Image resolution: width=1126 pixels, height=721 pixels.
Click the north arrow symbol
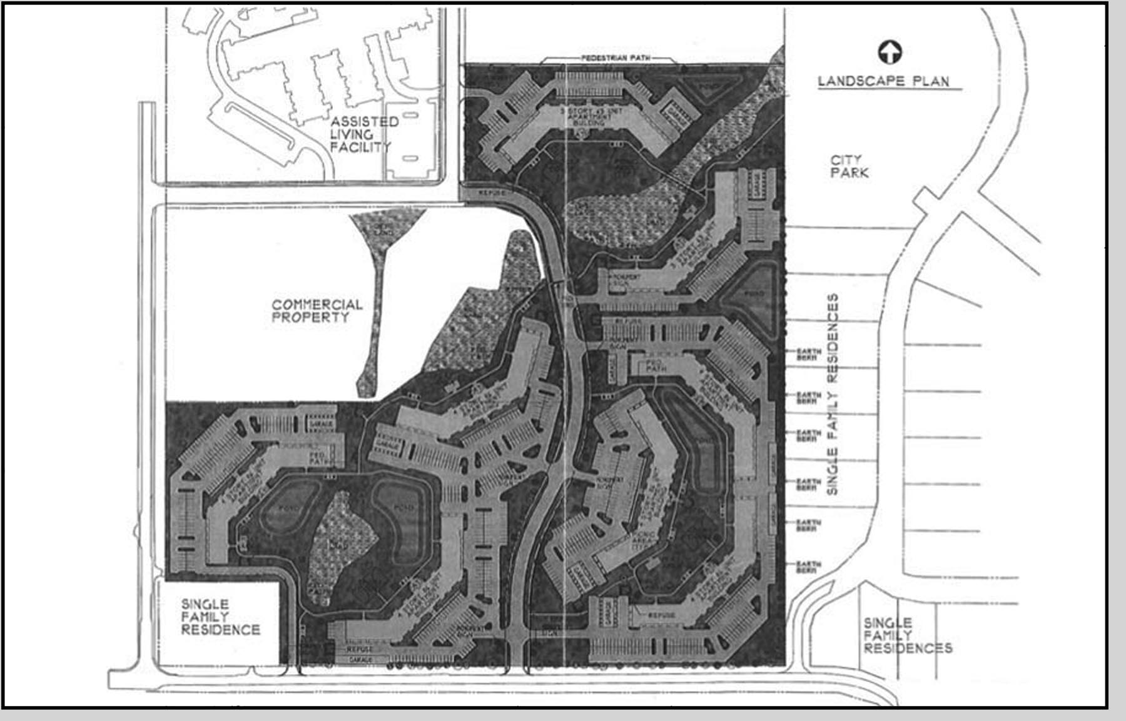pyautogui.click(x=890, y=53)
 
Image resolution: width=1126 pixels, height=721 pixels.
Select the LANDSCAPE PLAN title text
pyautogui.click(x=883, y=81)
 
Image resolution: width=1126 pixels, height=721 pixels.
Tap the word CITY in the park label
pyautogui.click(x=846, y=159)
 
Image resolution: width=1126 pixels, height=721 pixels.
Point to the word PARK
pyautogui.click(x=850, y=173)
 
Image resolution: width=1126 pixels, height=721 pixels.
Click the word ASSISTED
pyautogui.click(x=365, y=121)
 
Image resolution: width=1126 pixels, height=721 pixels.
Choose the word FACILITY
pyautogui.click(x=360, y=148)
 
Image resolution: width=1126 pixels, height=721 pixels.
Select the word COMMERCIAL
pyautogui.click(x=317, y=305)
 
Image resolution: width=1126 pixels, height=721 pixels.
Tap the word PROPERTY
pyautogui.click(x=310, y=318)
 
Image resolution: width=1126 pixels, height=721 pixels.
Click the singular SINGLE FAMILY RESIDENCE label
pyautogui.click(x=220, y=617)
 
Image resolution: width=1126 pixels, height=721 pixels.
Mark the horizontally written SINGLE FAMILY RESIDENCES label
pyautogui.click(x=908, y=635)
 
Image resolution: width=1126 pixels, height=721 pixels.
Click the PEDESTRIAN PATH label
pyautogui.click(x=616, y=58)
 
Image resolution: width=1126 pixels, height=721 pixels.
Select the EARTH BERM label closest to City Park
pyautogui.click(x=808, y=355)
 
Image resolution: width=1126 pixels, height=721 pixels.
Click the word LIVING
pyautogui.click(x=352, y=134)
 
